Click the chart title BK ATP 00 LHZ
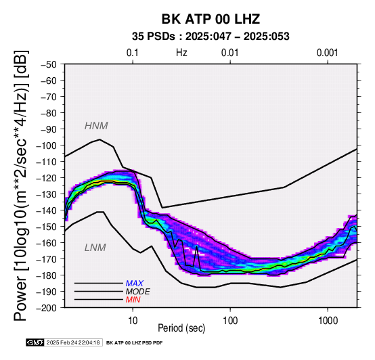click(x=211, y=19)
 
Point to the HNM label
click(x=96, y=126)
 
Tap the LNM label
click(x=95, y=248)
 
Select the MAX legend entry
click(x=135, y=284)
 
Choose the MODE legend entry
click(x=138, y=292)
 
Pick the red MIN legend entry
click(x=133, y=300)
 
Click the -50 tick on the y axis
click(x=48, y=64)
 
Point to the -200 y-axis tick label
click(x=47, y=308)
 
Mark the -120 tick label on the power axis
click(x=47, y=178)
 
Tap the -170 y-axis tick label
click(x=47, y=259)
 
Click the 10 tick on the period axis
click(x=133, y=320)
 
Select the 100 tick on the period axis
click(x=230, y=320)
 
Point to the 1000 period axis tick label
click(x=328, y=320)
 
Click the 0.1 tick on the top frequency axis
click(x=133, y=53)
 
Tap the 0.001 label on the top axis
click(x=327, y=53)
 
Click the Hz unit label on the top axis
click(x=181, y=53)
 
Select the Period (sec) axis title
click(x=181, y=328)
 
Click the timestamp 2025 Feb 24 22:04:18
click(x=73, y=343)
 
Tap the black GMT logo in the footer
click(x=35, y=342)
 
